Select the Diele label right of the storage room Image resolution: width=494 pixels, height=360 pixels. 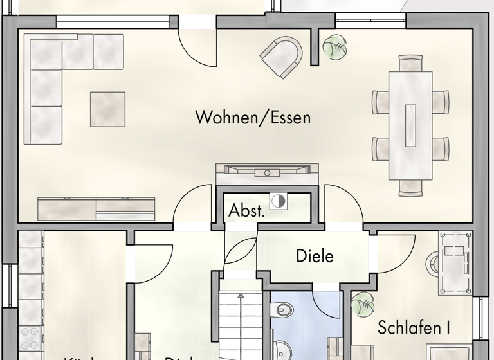315,256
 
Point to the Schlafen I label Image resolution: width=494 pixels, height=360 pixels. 414,327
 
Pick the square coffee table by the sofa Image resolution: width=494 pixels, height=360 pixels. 107,109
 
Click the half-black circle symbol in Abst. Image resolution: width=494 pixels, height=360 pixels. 278,201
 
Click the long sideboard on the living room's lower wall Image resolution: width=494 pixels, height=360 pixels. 96,208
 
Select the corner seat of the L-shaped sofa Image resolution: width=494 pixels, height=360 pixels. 44,51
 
